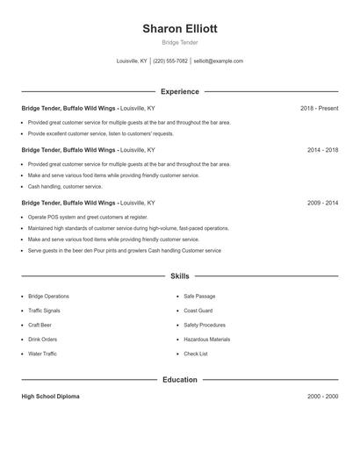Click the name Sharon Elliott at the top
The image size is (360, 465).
point(179,28)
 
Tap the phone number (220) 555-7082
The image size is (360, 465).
point(170,61)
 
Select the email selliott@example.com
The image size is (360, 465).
point(218,61)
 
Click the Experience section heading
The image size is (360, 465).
point(179,91)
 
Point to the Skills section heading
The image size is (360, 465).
point(179,275)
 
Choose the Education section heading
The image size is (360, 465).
point(179,380)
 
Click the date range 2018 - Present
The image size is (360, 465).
point(319,108)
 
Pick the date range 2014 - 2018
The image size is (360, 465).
point(322,150)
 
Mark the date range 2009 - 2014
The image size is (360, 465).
point(322,203)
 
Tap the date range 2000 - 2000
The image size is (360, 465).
point(322,397)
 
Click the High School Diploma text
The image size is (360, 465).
point(50,397)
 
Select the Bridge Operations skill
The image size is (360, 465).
point(48,297)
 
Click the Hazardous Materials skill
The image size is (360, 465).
point(206,340)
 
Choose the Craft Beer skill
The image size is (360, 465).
point(40,325)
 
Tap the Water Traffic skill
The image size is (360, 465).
point(42,354)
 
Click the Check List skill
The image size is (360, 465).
point(196,354)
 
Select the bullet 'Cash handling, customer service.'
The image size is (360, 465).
point(65,186)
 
